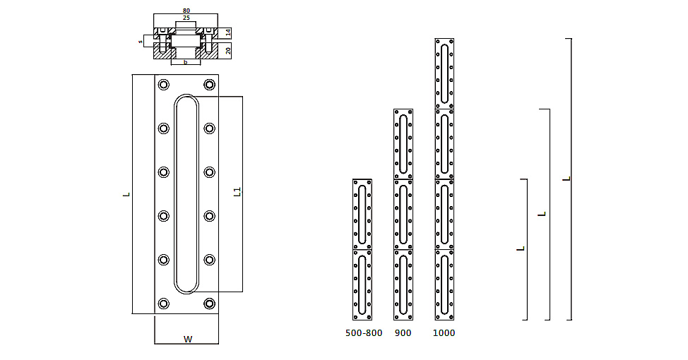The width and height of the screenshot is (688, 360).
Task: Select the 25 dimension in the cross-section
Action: click(186, 18)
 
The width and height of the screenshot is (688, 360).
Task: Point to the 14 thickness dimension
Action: click(228, 32)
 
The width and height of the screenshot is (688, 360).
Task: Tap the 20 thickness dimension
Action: click(228, 50)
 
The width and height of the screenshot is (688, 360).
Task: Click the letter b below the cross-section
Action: click(186, 62)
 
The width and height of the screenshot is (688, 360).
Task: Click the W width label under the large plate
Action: click(188, 340)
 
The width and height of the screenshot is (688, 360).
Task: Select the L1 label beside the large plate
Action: click(237, 192)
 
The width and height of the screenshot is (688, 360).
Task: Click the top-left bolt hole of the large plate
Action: click(164, 85)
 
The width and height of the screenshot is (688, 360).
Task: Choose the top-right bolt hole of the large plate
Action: click(209, 85)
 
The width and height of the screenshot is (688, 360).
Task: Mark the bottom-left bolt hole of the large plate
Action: click(164, 304)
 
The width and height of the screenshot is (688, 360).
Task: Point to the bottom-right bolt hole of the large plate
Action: click(209, 304)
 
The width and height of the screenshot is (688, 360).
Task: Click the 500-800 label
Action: click(364, 333)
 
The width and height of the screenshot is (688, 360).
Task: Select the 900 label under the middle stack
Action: click(403, 333)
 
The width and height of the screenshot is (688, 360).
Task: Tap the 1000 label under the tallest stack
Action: click(444, 333)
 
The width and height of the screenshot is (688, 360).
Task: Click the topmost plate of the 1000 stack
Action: click(444, 73)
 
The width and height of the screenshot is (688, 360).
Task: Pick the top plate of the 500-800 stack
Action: click(362, 214)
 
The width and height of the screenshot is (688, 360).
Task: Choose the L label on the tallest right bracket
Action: click(567, 179)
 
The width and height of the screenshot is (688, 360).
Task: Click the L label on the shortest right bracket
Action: click(521, 248)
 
